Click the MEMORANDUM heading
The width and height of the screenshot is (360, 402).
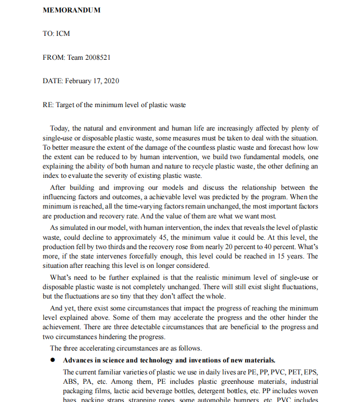[x=71, y=10]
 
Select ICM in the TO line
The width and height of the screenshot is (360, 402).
[x=63, y=34]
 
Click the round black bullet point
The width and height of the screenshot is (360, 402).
[x=53, y=360]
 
